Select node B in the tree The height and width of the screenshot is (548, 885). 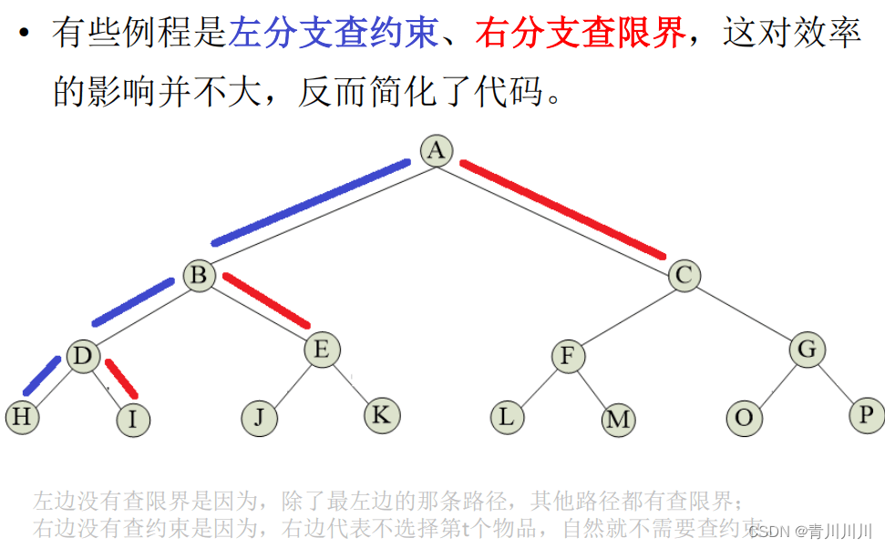[199, 275]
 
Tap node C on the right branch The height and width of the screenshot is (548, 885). [684, 275]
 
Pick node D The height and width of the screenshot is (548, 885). [83, 356]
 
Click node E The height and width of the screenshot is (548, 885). [321, 350]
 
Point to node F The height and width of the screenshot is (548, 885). [567, 356]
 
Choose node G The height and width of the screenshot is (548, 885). [807, 350]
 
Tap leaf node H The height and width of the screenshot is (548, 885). [22, 417]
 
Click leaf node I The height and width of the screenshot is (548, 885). [133, 420]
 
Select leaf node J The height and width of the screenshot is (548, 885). [259, 418]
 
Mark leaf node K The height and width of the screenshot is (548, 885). [381, 415]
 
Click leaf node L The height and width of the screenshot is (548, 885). [507, 417]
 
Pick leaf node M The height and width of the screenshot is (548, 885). [618, 420]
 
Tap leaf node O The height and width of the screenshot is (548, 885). [744, 418]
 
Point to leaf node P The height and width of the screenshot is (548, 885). [865, 415]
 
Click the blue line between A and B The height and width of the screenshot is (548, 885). [310, 203]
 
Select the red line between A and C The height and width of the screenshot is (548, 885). [562, 209]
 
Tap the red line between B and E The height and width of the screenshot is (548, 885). [266, 300]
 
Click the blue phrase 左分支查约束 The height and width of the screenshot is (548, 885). [334, 35]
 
